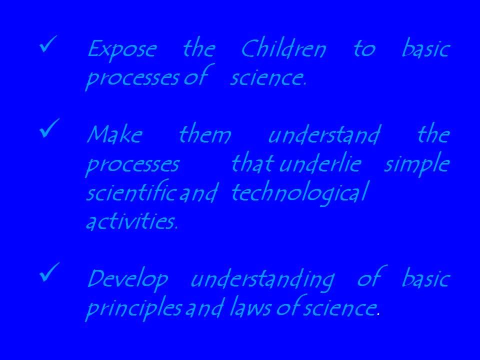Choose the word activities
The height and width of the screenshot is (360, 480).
pyautogui.click(x=131, y=220)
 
